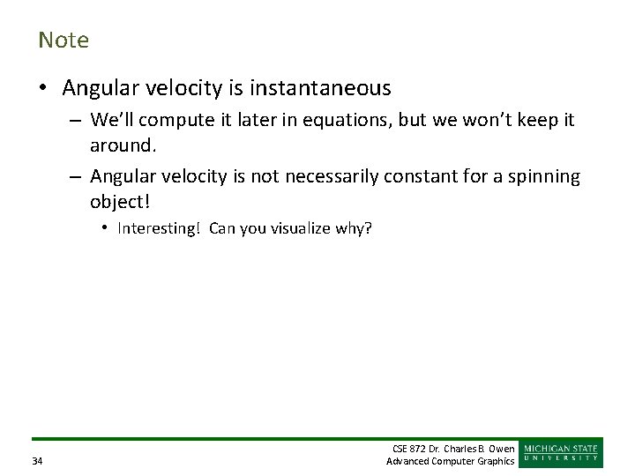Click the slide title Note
[x=63, y=41]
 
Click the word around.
[x=120, y=144]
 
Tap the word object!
[x=120, y=201]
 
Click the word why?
[x=355, y=229]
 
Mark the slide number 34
[x=37, y=462]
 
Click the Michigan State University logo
[x=562, y=453]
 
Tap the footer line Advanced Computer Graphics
[x=451, y=462]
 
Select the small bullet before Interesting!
[x=104, y=229]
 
